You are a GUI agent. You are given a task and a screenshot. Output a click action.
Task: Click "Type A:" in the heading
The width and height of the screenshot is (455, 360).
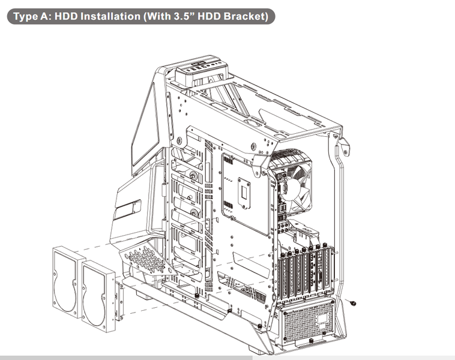click(32, 16)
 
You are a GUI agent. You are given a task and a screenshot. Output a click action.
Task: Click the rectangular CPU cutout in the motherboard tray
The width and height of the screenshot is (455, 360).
click(244, 193)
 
